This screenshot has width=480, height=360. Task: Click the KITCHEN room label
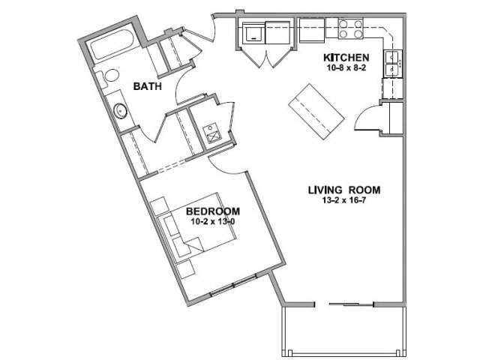point(346,57)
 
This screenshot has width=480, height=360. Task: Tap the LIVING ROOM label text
point(344,190)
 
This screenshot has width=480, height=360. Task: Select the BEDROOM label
point(213,211)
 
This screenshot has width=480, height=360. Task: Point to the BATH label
point(147,86)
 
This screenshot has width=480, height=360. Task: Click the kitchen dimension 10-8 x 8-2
point(346,68)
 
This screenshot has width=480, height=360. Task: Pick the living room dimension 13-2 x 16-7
point(344,200)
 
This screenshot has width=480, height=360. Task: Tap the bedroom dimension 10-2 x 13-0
point(213,222)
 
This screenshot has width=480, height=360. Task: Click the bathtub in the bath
point(112,45)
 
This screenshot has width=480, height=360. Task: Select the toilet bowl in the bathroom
point(112,75)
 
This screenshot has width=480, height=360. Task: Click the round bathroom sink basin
point(120,111)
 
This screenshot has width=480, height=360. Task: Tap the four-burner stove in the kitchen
point(350,28)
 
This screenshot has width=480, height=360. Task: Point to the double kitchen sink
point(392,64)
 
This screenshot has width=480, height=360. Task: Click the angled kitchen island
point(316,112)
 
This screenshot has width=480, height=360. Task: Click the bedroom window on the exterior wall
point(233,286)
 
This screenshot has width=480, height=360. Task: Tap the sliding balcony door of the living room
point(352,304)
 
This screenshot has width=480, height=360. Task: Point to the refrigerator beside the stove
point(312,30)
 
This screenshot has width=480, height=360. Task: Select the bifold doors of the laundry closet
point(266,58)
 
